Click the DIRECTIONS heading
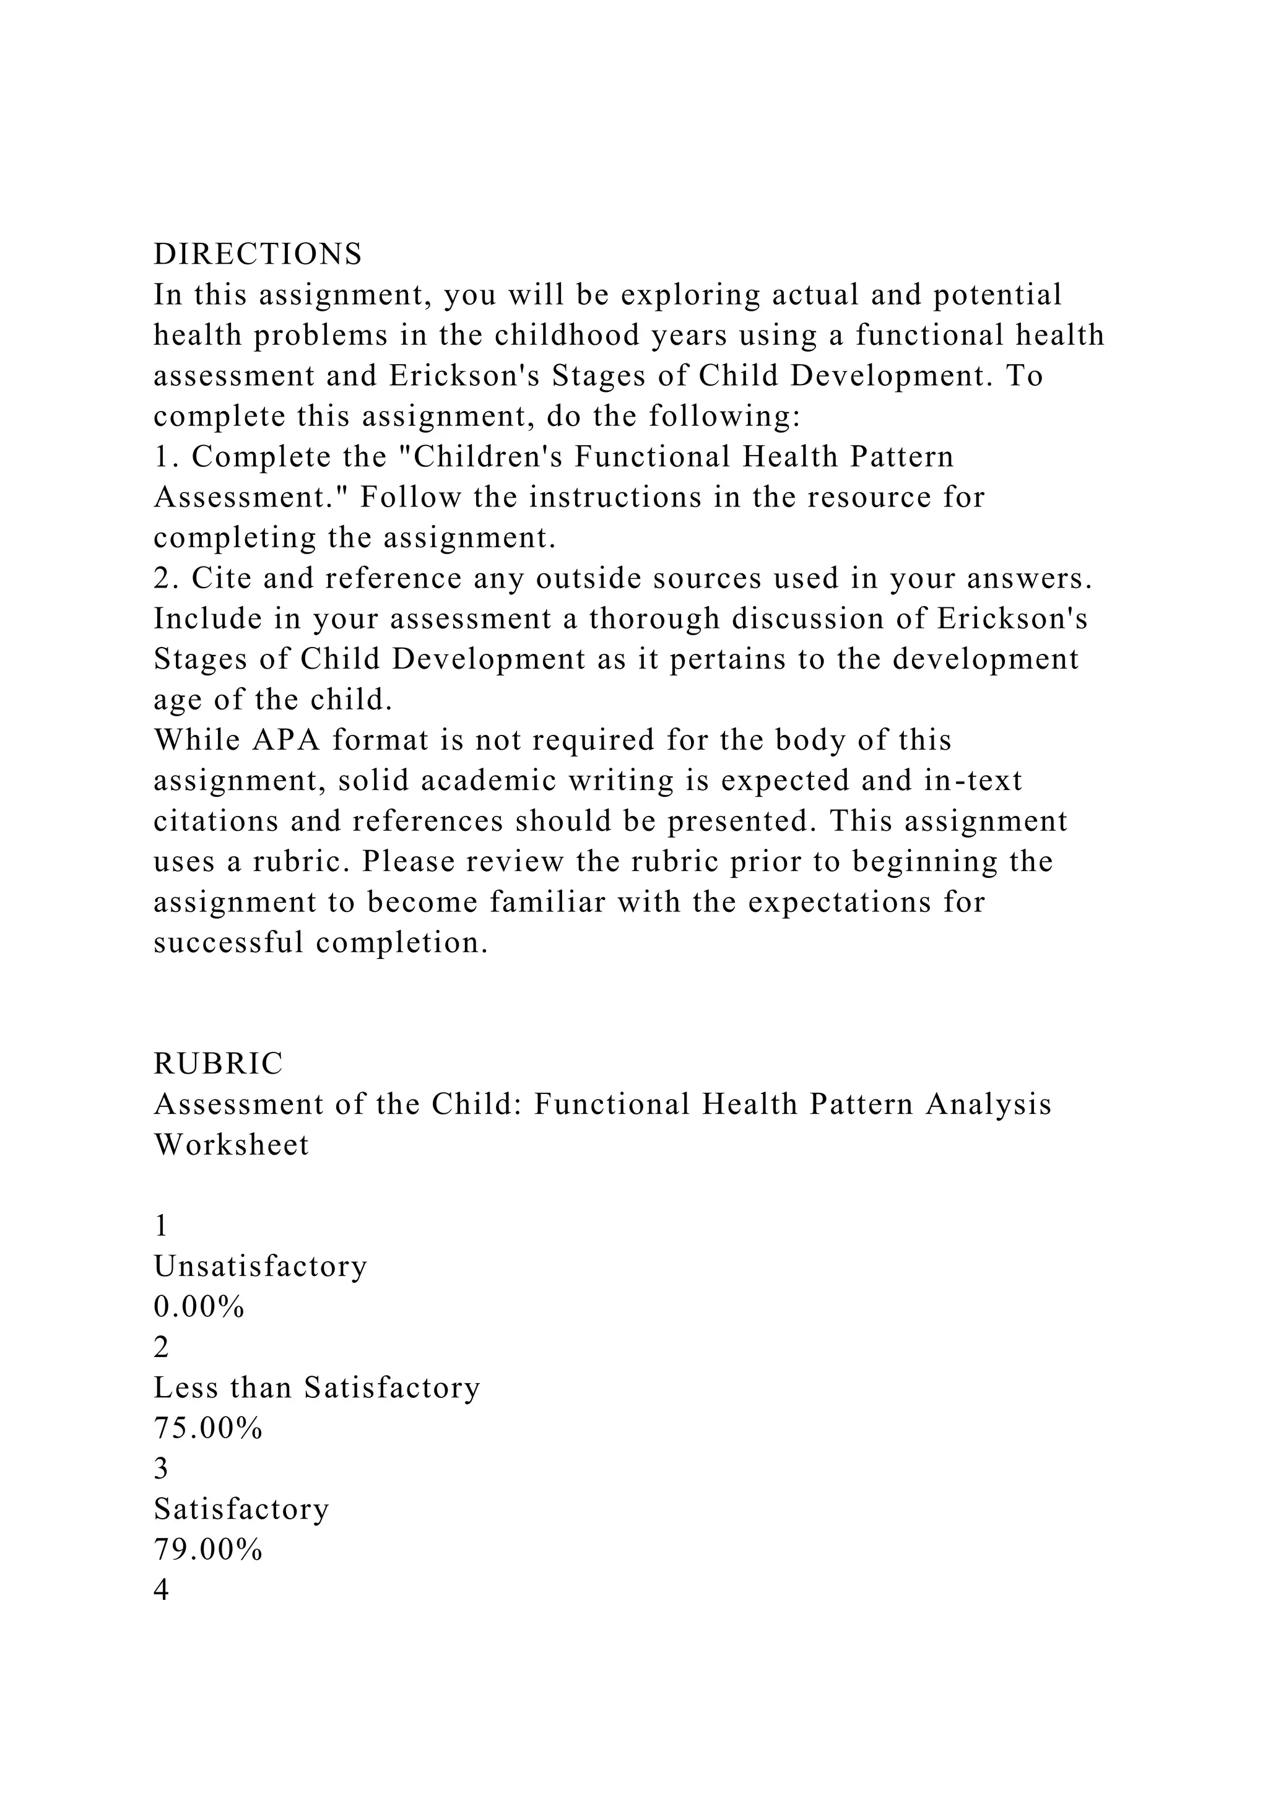tap(258, 254)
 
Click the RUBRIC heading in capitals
tap(219, 1064)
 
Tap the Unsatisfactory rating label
tap(260, 1266)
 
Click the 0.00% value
tap(199, 1306)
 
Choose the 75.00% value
tap(207, 1428)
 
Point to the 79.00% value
tap(207, 1550)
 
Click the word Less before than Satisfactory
tap(183, 1387)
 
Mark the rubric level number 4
tap(162, 1590)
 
